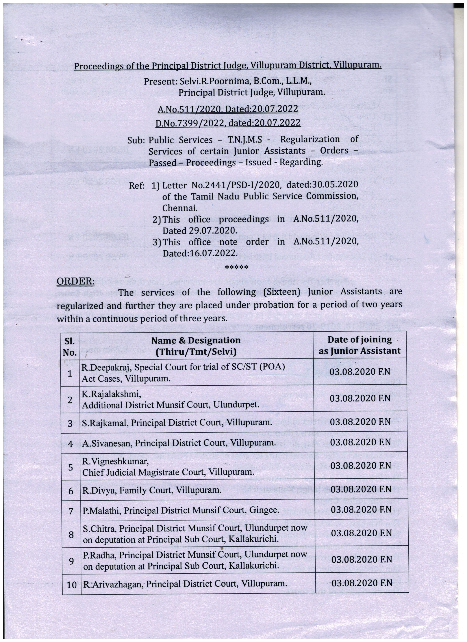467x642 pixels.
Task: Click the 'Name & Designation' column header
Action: pos(196,346)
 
